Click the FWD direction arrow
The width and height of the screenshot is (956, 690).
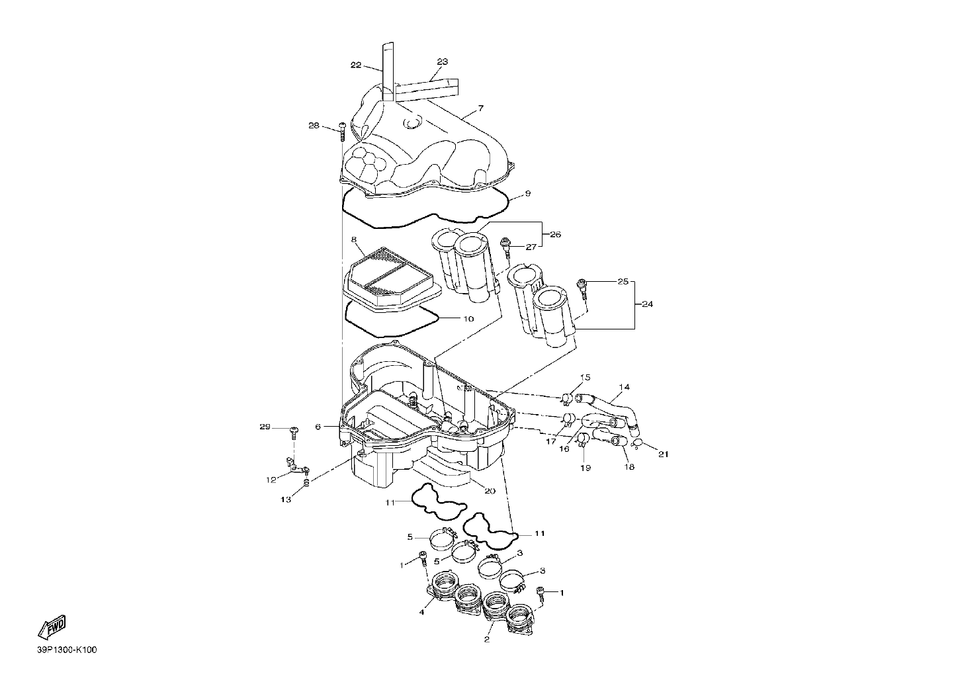pos(52,626)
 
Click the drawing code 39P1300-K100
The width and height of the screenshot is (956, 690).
pos(67,650)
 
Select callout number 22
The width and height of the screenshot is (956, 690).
pos(356,65)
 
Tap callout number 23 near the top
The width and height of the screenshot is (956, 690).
pos(443,62)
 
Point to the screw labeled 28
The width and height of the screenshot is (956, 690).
pos(342,132)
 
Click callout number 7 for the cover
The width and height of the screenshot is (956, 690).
pos(481,108)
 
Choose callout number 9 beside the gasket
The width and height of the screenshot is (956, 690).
pos(528,194)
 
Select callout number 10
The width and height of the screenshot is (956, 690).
pos(468,319)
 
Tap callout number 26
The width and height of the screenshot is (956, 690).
pos(555,234)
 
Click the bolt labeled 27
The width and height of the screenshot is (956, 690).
pos(505,247)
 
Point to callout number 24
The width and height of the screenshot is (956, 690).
pos(648,304)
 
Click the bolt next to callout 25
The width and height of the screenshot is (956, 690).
pos(582,290)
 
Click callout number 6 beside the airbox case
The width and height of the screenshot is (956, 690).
pos(318,427)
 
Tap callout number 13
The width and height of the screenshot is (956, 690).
pos(286,499)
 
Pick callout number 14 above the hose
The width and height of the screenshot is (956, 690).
pos(624,388)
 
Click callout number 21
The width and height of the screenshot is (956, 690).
pos(663,454)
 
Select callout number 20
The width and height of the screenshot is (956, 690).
pos(490,491)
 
